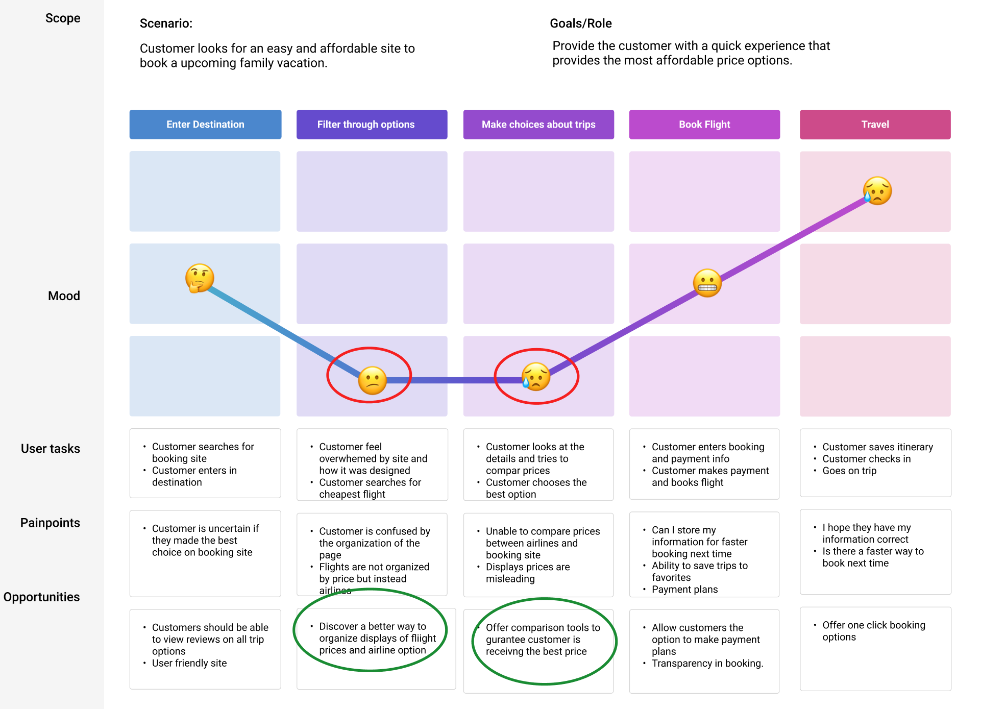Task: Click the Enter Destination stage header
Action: pos(205,125)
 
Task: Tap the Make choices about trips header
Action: pos(538,125)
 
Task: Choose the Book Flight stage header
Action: pos(704,125)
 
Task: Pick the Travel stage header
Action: pos(875,125)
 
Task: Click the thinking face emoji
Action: pos(199,278)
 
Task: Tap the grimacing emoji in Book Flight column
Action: pos(707,283)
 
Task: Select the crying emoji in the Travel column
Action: pos(877,191)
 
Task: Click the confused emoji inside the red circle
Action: pos(372,380)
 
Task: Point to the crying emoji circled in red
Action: pos(535,377)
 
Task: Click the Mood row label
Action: pos(64,296)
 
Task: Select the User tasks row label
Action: pos(51,449)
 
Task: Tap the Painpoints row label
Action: pos(50,523)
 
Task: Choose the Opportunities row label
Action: pos(41,597)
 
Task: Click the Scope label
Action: pos(63,18)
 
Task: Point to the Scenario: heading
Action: pos(166,23)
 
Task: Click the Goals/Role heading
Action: pos(581,23)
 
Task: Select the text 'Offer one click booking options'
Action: pos(873,631)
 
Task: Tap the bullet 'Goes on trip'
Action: pos(849,471)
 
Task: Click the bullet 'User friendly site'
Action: pos(189,663)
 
